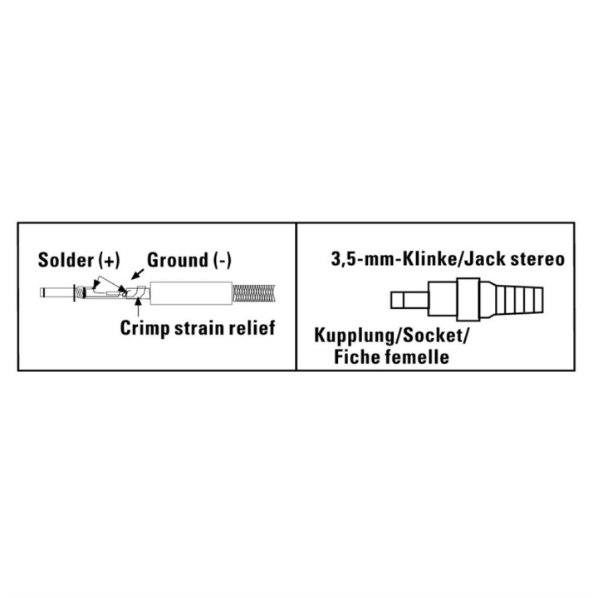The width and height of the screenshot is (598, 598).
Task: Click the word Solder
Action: [66, 260]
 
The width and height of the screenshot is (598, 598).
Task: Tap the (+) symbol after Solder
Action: [109, 260]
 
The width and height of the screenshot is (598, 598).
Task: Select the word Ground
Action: [178, 260]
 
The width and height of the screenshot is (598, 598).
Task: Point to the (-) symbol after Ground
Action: [222, 260]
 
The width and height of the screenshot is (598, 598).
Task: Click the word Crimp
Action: [145, 328]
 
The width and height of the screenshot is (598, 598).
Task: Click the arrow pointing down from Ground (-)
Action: [137, 273]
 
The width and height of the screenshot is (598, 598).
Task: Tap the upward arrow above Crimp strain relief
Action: [138, 308]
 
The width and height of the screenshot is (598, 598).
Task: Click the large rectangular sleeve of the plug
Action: [191, 293]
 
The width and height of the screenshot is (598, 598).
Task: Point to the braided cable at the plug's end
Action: [253, 293]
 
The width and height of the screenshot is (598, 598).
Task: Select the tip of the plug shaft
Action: [42, 292]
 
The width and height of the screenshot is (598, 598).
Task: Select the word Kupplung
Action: [355, 336]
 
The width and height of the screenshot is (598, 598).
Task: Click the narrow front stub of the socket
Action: [409, 300]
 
